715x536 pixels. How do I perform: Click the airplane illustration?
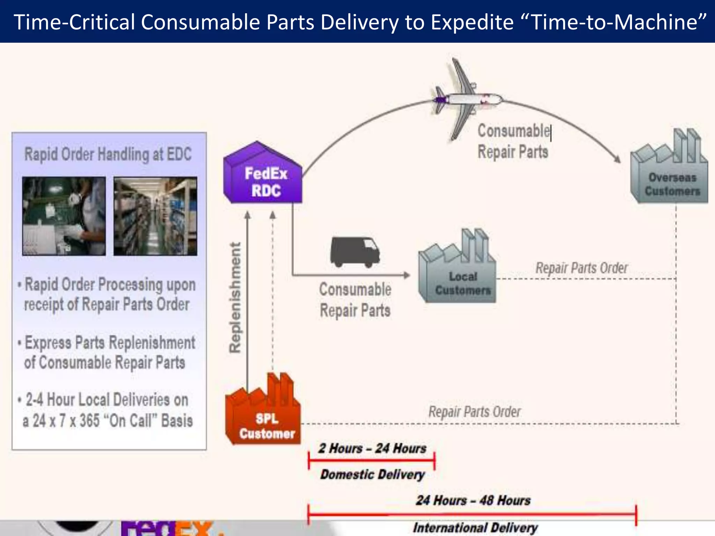click(x=464, y=99)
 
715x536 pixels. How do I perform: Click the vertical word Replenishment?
click(x=235, y=298)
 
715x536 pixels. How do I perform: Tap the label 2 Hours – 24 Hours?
click(x=372, y=448)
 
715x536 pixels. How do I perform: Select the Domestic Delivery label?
click(x=373, y=474)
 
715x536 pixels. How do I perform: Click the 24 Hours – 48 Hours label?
click(x=473, y=500)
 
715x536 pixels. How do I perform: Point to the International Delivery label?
click(x=475, y=527)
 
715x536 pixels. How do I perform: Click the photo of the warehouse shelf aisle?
click(x=155, y=216)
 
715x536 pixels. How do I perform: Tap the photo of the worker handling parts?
click(x=64, y=216)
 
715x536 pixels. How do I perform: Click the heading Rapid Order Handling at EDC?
click(x=108, y=154)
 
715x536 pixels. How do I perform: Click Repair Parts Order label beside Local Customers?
click(x=582, y=268)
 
